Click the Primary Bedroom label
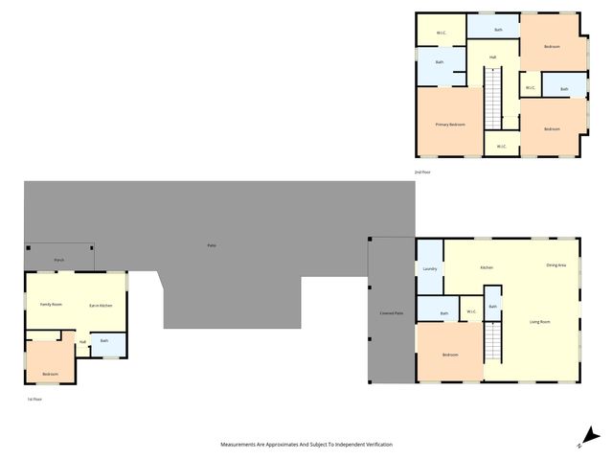(449, 125)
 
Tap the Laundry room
(430, 268)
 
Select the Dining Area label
(556, 264)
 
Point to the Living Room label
(539, 321)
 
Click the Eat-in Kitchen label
(101, 305)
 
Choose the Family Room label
(51, 304)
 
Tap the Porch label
(59, 260)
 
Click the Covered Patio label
(392, 313)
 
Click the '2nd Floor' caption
(422, 172)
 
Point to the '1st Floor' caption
(34, 399)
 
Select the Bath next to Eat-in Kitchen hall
(104, 341)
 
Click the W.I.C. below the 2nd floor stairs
(501, 147)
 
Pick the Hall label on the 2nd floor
(492, 57)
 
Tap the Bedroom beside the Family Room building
(50, 374)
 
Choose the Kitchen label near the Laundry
(487, 267)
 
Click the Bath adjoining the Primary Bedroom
(440, 62)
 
